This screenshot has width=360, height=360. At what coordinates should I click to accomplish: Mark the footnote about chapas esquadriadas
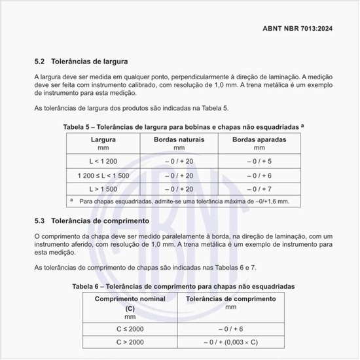point(183,202)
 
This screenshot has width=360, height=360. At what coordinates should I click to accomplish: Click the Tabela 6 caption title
point(183,286)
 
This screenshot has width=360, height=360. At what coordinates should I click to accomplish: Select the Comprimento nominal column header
point(130,298)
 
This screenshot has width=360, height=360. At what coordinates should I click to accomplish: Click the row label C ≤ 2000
point(130,329)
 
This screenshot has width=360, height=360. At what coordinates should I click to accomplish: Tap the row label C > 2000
point(130,342)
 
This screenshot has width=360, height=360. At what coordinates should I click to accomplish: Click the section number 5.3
point(39,221)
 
